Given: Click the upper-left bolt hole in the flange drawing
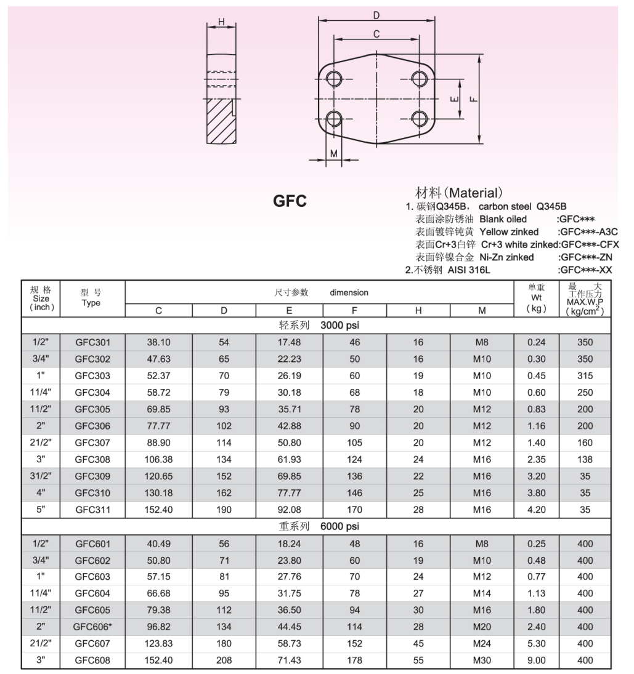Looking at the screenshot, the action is click(334, 79).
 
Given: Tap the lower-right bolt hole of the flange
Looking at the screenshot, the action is click(419, 118).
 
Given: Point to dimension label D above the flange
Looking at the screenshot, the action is click(376, 15).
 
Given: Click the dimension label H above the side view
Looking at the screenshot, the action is click(221, 22).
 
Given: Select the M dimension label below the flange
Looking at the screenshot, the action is click(334, 153).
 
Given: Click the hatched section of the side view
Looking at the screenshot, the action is click(220, 121).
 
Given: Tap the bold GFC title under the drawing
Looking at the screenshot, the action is click(290, 201).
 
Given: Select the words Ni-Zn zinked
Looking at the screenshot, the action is click(506, 257).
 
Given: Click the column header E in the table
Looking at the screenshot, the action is click(289, 310).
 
